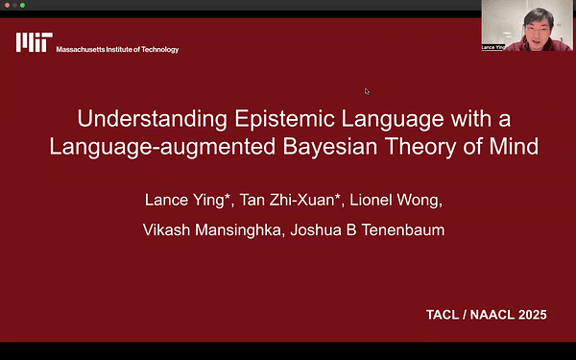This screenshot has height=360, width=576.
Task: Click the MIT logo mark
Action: pos(35,42)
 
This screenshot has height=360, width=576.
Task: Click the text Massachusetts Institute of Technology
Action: pos(117,49)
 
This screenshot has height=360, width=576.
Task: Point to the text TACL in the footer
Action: pos(445,315)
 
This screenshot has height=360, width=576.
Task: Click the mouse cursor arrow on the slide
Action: pos(366,91)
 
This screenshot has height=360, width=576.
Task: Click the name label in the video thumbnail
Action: pos(492,47)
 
